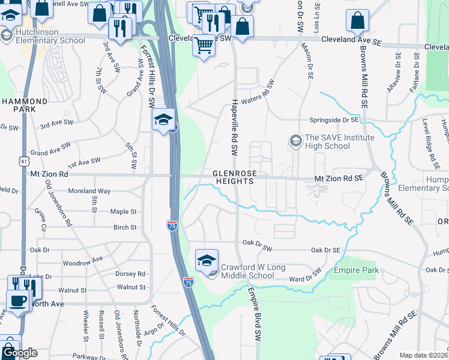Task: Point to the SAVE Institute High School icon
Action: click(x=295, y=140)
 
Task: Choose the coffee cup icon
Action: click(x=18, y=301)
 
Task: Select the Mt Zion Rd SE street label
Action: click(x=339, y=178)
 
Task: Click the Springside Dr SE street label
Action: click(x=333, y=120)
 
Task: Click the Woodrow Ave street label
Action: click(x=83, y=262)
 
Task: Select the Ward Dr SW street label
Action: click(x=306, y=278)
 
